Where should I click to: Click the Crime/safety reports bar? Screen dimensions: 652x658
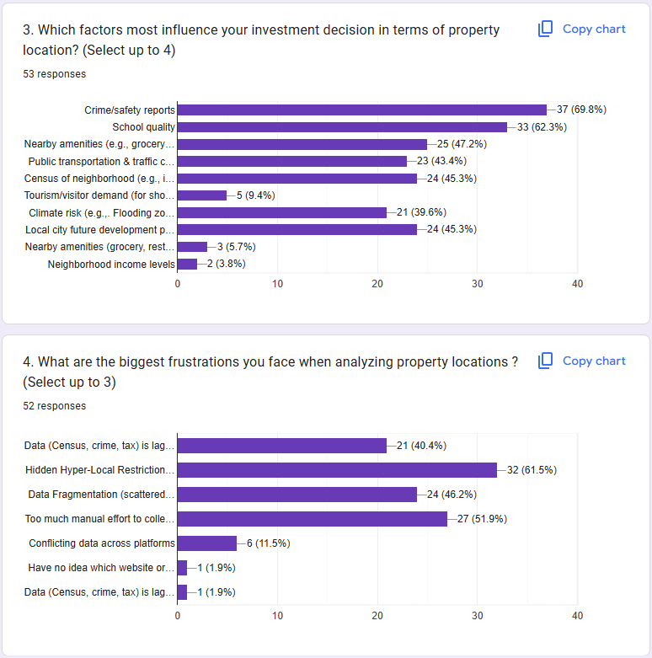[x=362, y=110]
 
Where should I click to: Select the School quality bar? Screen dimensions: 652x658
[x=342, y=127]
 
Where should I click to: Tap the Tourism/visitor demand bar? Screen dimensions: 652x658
[x=202, y=195]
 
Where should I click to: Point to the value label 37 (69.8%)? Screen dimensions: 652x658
[x=581, y=110]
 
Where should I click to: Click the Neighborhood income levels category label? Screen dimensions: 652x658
[x=111, y=265]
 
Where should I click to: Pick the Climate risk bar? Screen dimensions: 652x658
[x=282, y=213]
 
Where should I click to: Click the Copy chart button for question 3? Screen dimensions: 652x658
[x=582, y=29]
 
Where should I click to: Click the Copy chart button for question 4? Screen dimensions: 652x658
[x=582, y=361]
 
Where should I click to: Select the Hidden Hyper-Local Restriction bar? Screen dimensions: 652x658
[x=337, y=470]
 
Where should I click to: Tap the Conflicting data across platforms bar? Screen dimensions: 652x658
[x=207, y=543]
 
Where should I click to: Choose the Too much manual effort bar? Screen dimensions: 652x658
[x=313, y=519]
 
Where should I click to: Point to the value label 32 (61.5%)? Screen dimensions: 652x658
[x=532, y=470]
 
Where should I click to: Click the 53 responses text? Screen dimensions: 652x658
[x=55, y=74]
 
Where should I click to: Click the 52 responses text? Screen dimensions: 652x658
[x=55, y=406]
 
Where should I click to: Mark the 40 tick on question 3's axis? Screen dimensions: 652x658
[x=577, y=284]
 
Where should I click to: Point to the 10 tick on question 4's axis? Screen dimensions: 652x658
[x=277, y=616]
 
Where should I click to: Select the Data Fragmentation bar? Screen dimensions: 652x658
[x=297, y=495]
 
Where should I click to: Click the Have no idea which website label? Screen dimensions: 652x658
[x=101, y=568]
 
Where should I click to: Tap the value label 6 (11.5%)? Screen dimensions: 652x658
[x=269, y=543]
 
